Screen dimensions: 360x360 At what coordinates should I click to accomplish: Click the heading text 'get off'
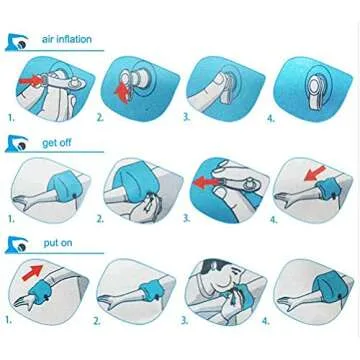click(57, 143)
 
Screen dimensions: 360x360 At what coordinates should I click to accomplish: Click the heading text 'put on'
click(54, 243)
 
